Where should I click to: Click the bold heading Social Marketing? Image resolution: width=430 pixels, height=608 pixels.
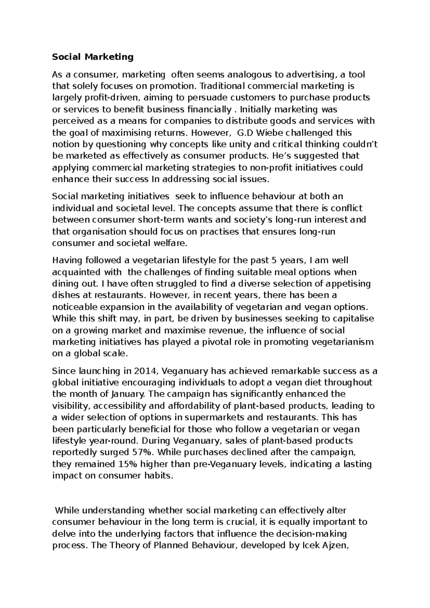pos(93,57)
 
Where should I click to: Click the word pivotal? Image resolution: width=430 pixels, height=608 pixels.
pos(217,342)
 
